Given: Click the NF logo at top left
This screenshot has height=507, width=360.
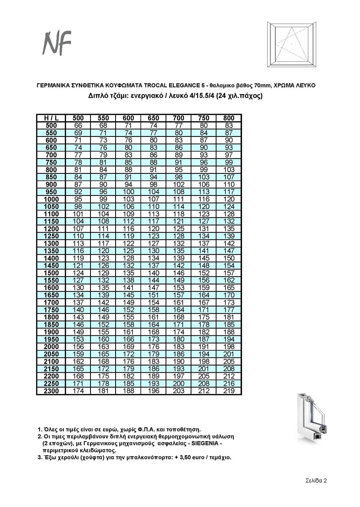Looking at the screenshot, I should tap(57, 43).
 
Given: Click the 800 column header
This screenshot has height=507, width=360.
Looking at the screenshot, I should tap(229, 118).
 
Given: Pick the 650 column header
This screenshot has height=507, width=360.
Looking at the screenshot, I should tap(153, 118).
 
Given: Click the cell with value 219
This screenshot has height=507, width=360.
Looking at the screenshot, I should tap(229, 391).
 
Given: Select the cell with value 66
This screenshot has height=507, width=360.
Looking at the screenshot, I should tap(78, 125).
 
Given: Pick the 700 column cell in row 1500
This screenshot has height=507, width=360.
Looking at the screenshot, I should tap(179, 273).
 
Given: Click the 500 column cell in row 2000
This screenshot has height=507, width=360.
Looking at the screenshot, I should tap(78, 347).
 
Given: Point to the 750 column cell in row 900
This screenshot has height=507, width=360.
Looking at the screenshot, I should tap(204, 185).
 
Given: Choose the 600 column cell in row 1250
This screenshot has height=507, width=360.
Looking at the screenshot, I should tap(128, 236).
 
